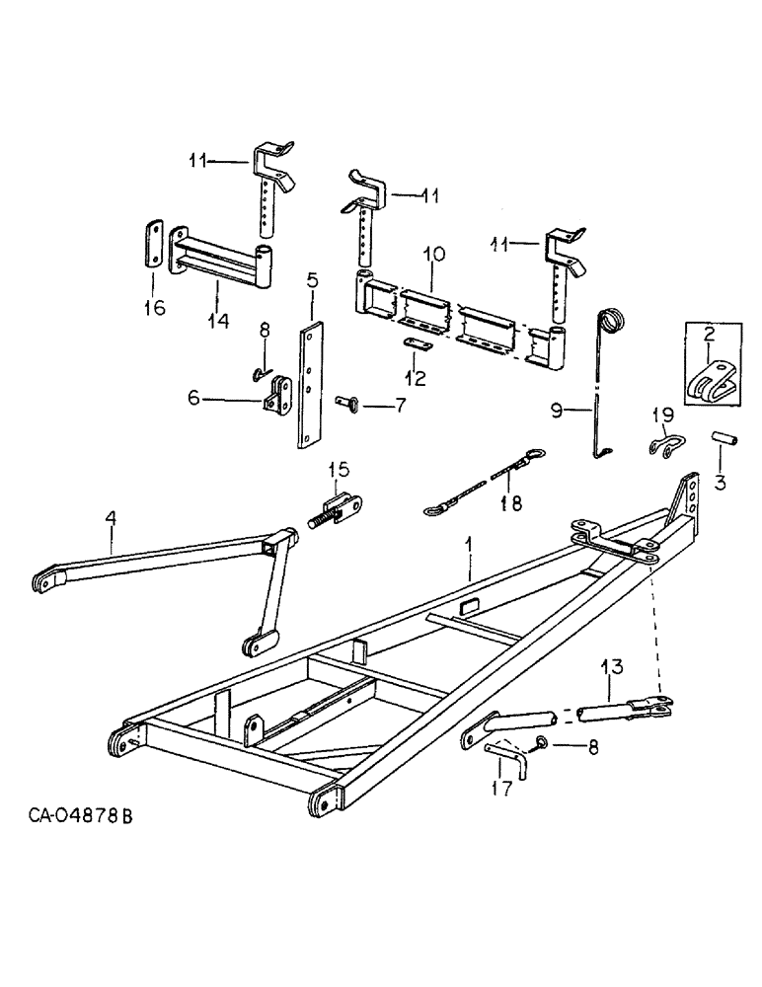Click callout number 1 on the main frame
click(x=470, y=545)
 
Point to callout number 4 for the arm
click(x=111, y=516)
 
